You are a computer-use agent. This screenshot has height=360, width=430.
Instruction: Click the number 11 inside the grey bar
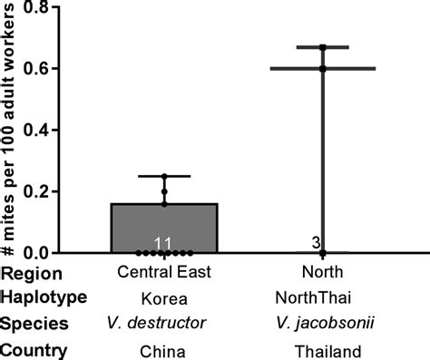click(x=164, y=243)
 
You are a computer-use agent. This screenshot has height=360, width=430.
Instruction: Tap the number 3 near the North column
click(x=314, y=243)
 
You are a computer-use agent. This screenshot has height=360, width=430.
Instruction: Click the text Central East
click(x=164, y=272)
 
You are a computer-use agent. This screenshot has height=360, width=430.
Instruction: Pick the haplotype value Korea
click(x=164, y=297)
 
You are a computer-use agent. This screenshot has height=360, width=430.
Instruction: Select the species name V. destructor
click(x=164, y=323)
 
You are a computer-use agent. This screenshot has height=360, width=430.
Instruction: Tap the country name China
click(x=164, y=349)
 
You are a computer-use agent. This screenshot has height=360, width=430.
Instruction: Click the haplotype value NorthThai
click(x=322, y=297)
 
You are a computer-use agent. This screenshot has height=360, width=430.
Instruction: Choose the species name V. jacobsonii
click(x=322, y=323)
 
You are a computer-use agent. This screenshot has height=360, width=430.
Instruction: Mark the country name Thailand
click(x=322, y=349)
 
